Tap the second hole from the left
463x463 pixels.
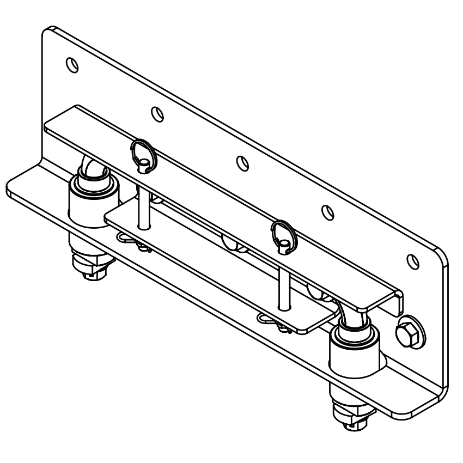(157, 114)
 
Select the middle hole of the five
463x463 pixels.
(242, 162)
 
